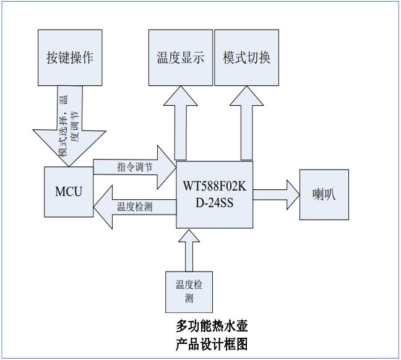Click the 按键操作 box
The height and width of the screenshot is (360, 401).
[70, 57]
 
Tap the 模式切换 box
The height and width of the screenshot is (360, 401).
[246, 57]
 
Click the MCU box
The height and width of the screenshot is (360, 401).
[69, 191]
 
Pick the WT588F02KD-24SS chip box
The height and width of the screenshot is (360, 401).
[214, 194]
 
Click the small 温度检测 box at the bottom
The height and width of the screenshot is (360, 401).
[189, 291]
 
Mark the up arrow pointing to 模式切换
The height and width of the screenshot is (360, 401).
[246, 124]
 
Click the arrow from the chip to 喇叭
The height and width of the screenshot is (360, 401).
[275, 194]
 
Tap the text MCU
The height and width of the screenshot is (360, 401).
[69, 191]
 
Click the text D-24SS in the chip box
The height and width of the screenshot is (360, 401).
[214, 202]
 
